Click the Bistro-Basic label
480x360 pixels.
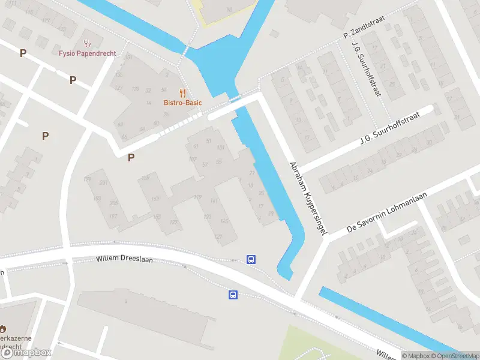click(x=182, y=103)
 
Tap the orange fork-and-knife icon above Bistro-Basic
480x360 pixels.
click(x=183, y=93)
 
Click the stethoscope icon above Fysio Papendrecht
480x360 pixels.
click(x=88, y=43)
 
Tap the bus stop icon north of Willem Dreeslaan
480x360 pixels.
click(x=251, y=260)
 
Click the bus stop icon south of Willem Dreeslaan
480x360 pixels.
click(x=232, y=295)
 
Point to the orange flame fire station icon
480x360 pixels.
click(x=2, y=329)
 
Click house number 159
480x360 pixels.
click(x=145, y=178)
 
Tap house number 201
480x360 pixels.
click(x=103, y=182)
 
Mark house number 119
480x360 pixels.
click(x=197, y=197)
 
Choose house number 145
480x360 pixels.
click(x=223, y=221)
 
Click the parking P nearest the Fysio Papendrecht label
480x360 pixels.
click(x=73, y=80)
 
